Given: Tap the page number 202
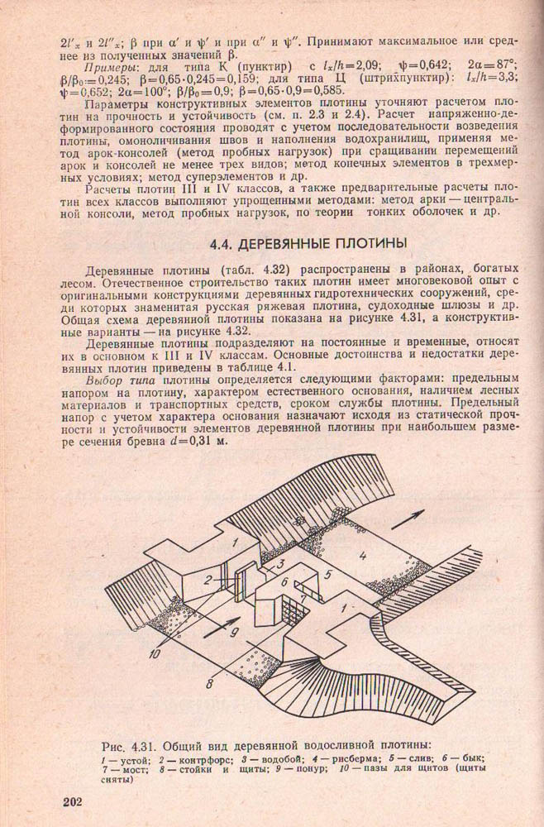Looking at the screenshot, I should [76, 801].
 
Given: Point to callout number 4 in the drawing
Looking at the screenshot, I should [363, 553].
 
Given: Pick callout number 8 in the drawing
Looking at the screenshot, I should [212, 682].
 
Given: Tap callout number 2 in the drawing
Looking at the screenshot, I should [211, 579].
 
